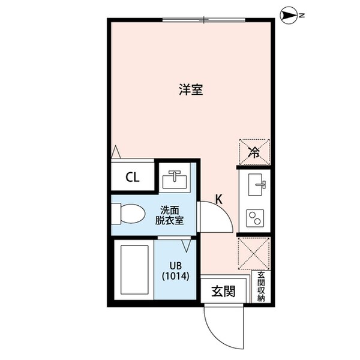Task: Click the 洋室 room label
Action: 191,90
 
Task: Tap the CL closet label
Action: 132,177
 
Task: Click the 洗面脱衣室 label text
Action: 169,215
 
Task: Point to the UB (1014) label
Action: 175,271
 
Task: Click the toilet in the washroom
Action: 129,214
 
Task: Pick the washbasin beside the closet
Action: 175,178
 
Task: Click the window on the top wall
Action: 203,20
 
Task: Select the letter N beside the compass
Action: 302,16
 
